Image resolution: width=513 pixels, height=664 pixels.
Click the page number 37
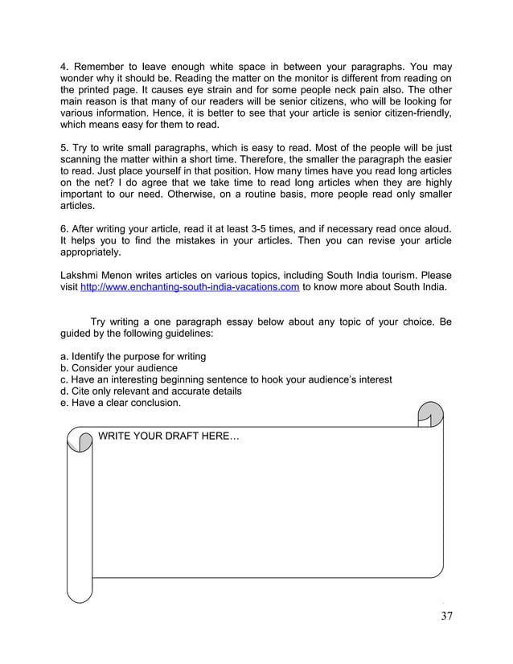coord(446,617)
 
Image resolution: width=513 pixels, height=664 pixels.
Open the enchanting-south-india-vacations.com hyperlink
coord(191,287)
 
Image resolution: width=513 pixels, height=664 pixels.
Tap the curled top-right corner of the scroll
coord(430,414)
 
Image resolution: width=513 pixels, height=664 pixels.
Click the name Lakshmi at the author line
coord(82,274)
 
